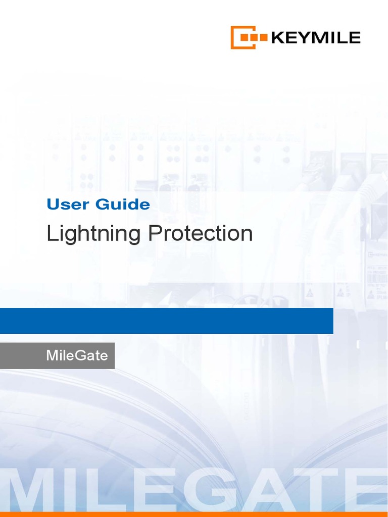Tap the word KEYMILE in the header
point(316,37)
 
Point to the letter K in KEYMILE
point(277,37)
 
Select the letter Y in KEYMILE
point(302,37)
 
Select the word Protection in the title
point(201,234)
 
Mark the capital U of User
point(52,204)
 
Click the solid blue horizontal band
point(166,321)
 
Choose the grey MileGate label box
point(57,355)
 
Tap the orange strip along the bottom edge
point(194,514)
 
